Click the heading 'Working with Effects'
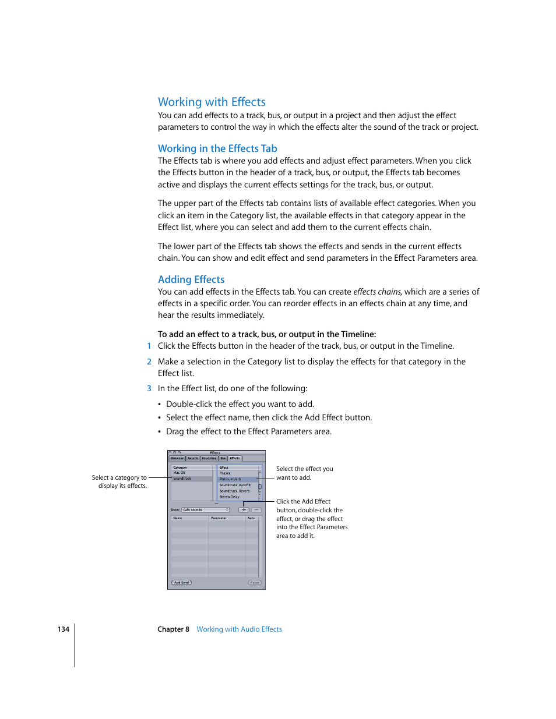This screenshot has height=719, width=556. point(212,102)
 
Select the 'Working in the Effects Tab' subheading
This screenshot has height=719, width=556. point(217,148)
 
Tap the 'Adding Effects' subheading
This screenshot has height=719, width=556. point(191,279)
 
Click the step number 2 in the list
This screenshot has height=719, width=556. point(149,362)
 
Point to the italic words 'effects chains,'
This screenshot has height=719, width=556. point(378,292)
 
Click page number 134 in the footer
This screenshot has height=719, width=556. point(64,629)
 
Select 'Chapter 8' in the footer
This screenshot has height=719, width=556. point(173,629)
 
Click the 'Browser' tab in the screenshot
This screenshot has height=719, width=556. point(177,458)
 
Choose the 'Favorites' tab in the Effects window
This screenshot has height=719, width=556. point(209,458)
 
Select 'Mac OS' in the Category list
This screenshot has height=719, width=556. point(180,473)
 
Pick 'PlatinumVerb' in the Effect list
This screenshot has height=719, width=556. point(230,479)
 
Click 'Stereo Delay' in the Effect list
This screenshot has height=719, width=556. point(230,497)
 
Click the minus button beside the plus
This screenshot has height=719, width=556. point(256,509)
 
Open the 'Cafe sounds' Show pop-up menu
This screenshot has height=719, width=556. point(205,509)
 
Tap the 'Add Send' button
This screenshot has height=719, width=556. point(181,582)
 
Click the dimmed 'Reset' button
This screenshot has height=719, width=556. point(255,582)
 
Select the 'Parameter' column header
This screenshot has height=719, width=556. point(219,518)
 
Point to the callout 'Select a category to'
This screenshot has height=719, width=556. point(119,477)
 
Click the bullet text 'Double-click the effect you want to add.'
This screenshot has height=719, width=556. point(240,404)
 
